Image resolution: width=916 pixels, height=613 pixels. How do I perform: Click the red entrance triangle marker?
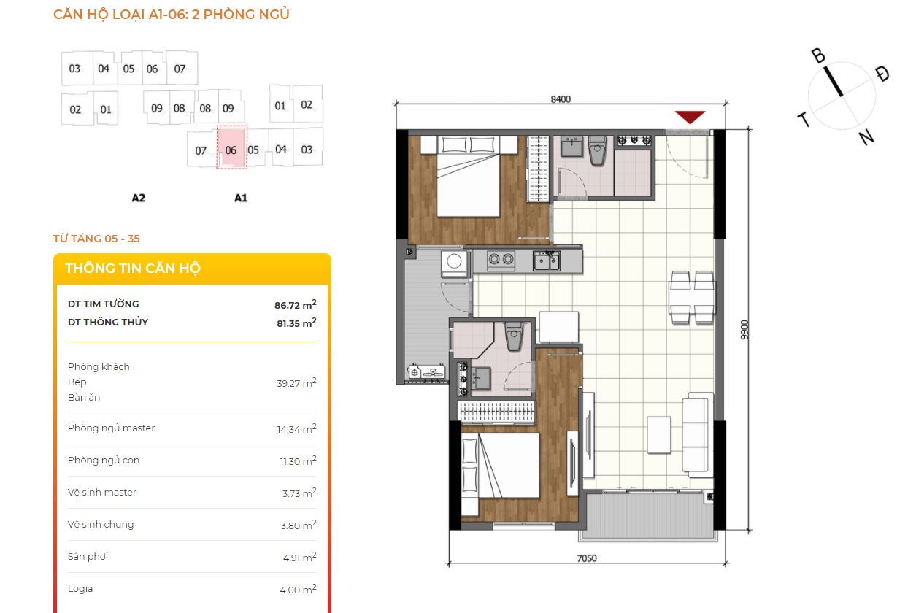tap(690, 117)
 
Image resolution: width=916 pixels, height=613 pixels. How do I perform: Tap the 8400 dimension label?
tap(561, 99)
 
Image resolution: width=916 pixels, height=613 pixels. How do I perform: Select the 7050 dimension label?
tap(586, 558)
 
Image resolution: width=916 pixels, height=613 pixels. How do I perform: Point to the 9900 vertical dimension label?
tap(744, 330)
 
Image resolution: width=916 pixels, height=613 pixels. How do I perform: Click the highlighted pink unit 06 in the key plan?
tap(231, 147)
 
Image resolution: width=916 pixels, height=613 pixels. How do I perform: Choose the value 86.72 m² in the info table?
tap(296, 304)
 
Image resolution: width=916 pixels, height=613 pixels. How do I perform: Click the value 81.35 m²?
tap(296, 323)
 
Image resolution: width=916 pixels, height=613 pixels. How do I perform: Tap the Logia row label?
tap(80, 589)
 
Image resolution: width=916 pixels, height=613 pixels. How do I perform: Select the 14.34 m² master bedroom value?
tap(296, 428)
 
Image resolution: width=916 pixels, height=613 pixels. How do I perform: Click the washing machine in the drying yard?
tap(454, 262)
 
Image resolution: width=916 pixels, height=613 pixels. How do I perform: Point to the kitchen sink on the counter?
tap(546, 261)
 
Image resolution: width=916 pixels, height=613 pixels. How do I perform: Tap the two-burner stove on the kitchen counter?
tap(501, 259)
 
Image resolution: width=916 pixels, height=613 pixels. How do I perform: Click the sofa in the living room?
tap(698, 435)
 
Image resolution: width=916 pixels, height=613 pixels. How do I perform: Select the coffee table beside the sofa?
tap(659, 435)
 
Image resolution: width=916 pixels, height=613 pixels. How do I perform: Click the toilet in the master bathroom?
tap(598, 151)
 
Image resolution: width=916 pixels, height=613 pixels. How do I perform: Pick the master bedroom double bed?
tap(469, 177)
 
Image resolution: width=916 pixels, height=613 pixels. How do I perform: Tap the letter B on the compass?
tap(818, 56)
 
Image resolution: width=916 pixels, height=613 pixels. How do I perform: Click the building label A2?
tap(138, 198)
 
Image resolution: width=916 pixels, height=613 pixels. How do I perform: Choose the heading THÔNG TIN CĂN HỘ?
tap(133, 269)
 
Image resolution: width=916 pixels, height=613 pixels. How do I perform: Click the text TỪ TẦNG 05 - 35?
tap(96, 239)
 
